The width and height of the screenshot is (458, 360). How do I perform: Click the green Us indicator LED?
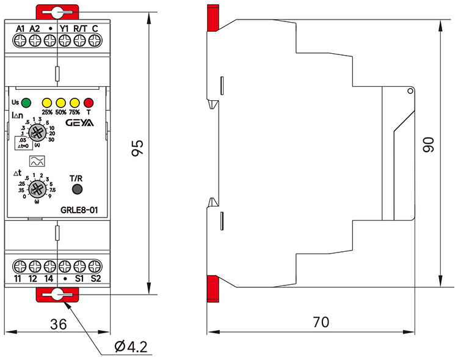26,102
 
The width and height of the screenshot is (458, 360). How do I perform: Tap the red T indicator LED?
89,102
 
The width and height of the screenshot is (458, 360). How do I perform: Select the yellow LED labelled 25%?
47,102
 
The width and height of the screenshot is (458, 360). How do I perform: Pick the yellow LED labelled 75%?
75,102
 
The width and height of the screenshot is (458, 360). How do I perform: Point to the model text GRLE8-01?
80,211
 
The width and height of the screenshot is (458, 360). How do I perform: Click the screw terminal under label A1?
20,40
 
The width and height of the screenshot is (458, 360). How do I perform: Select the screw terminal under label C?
95,40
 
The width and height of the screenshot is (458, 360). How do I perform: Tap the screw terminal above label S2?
95,266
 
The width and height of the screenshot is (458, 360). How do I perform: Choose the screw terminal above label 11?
20,266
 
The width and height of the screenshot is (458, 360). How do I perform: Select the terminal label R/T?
80,28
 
